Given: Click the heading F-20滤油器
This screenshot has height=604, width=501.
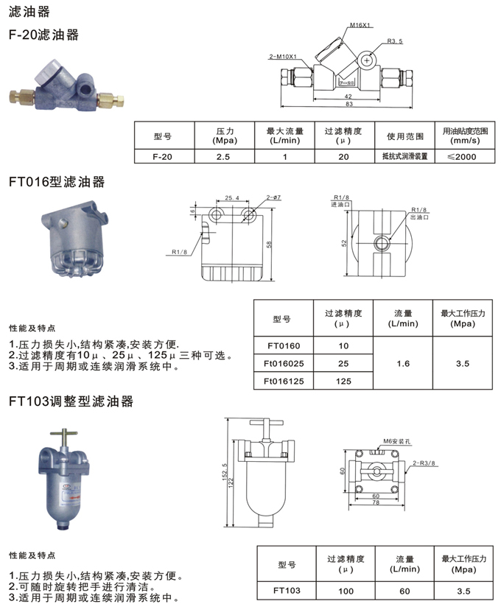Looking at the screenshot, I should [x=43, y=35].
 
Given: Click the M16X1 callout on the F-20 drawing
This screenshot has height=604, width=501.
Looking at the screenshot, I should [x=359, y=26].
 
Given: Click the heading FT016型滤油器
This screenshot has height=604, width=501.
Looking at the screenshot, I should [x=57, y=182].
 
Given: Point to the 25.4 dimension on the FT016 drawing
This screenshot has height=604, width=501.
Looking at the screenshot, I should [x=232, y=198].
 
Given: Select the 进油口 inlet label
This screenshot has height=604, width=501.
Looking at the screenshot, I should [x=341, y=205].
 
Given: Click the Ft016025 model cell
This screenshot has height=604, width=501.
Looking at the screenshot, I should [x=283, y=363].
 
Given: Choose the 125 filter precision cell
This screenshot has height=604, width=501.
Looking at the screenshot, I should [x=343, y=382].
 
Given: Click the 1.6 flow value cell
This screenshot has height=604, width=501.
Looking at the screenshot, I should [x=403, y=363].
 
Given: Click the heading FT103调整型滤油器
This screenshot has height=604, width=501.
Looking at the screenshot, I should [x=71, y=401].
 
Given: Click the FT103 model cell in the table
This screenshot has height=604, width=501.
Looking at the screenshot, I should [x=287, y=590].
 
